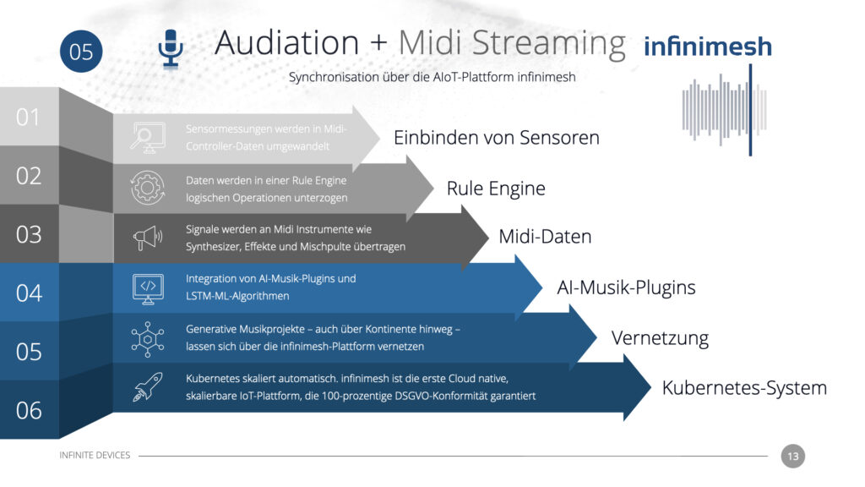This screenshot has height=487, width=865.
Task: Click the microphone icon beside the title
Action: pos(171,48)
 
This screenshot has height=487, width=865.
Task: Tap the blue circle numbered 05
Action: pos(81,52)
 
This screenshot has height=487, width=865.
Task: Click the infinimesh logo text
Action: pos(708,47)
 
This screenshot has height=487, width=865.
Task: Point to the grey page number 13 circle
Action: pos(792,456)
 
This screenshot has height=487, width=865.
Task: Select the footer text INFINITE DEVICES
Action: pos(95,455)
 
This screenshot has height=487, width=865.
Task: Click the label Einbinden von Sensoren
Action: pos(497,138)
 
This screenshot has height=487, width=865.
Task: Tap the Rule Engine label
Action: pos(496,189)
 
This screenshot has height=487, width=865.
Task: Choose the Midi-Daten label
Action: pos(545,237)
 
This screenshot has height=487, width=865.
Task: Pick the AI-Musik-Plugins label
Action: pos(626,287)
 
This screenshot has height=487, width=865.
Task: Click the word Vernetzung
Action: pos(660,338)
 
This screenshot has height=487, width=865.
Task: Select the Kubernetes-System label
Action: pos(744,387)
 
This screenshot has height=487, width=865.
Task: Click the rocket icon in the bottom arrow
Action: pos(147,386)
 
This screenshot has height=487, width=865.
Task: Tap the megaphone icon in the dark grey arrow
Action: pos(147,238)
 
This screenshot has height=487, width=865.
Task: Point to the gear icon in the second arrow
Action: pos(147,188)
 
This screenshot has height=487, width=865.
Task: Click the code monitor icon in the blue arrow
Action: pos(148,288)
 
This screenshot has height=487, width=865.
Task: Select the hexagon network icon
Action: pos(147,339)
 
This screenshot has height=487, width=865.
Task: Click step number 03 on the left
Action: pos(29,235)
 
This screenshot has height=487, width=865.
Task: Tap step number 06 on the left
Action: pos(29,410)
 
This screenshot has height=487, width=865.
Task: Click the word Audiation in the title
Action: pos(287,42)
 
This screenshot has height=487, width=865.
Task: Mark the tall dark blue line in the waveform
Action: pos(750,110)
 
